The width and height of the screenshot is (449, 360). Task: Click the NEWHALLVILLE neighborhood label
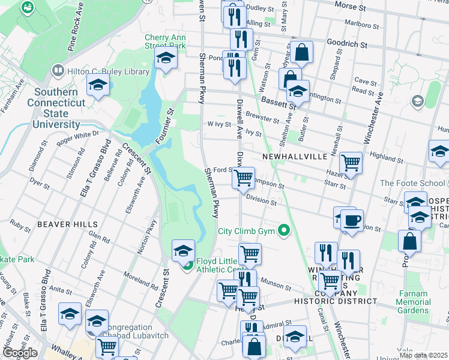[x=295, y=156]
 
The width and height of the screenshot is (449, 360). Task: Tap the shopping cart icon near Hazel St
[x=351, y=162]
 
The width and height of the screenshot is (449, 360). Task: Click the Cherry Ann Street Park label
[x=165, y=41]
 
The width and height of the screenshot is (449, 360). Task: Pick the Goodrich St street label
[x=346, y=44]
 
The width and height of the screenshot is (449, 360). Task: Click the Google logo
[x=20, y=353]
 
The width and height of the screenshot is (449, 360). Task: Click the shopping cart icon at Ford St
[x=243, y=178]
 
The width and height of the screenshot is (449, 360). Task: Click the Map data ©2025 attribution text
[x=423, y=355]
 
